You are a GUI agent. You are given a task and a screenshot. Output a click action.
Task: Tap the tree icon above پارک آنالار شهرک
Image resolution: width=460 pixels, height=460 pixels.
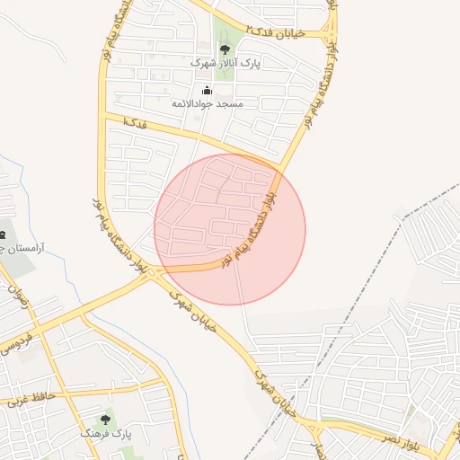click(x=225, y=49)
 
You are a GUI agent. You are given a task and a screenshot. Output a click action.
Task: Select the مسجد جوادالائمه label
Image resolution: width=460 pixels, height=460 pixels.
click(x=208, y=103)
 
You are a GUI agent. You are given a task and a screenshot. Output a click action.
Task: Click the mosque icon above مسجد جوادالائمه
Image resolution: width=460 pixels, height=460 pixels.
click(x=208, y=89)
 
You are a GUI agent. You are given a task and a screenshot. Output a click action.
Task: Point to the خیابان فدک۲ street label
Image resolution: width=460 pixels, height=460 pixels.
click(x=278, y=33)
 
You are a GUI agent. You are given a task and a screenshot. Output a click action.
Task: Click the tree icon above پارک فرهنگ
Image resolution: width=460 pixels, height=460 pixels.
click(x=106, y=420)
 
